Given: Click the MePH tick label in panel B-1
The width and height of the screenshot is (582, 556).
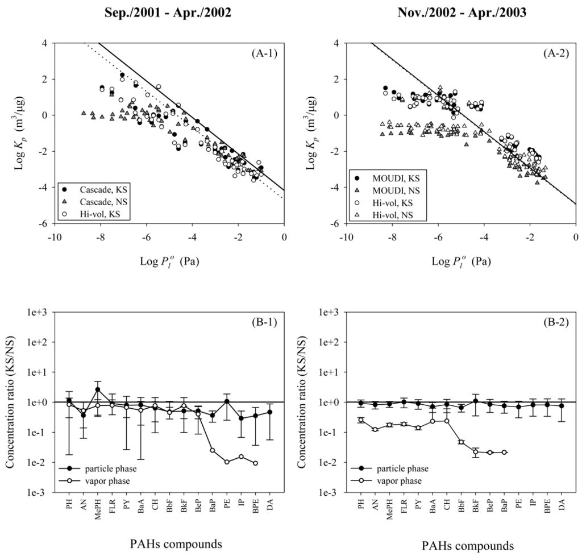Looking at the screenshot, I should tap(98, 506).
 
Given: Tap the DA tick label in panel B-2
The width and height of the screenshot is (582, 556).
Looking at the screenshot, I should tap(562, 503).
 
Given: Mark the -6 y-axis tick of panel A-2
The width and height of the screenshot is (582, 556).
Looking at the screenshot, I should tap(335, 224).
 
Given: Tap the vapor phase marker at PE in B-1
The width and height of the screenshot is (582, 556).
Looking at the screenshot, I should tap(227, 462).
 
